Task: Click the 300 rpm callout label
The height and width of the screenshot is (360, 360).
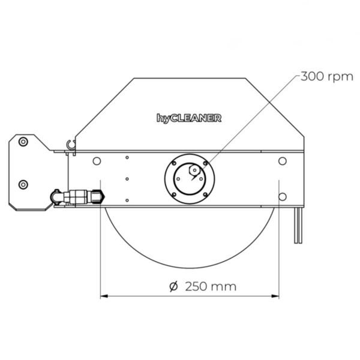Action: point(326,77)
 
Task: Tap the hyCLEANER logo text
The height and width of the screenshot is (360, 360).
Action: point(189,118)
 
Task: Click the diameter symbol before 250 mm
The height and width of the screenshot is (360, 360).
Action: point(173,286)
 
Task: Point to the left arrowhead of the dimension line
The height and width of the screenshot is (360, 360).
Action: point(103,295)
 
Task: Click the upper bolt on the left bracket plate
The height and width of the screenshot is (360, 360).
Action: point(23,142)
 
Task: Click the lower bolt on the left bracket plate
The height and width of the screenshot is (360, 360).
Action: point(23,184)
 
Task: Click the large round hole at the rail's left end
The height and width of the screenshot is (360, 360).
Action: point(96,161)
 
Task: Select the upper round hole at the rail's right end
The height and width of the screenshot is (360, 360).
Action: point(282,161)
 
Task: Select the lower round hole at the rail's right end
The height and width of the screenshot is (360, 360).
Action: point(282,196)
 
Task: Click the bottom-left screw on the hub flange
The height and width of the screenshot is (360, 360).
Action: point(173,194)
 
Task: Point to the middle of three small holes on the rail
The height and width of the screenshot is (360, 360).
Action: point(127,178)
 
